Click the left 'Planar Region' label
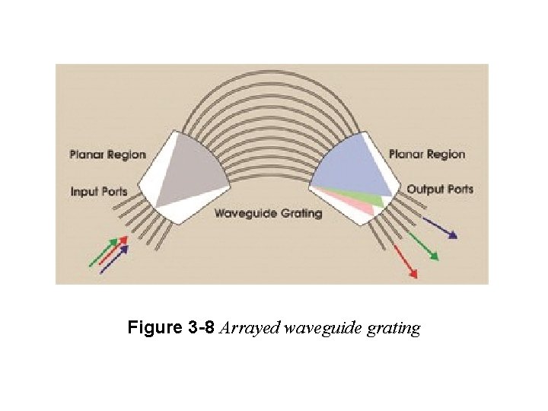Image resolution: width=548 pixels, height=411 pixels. coord(107,155)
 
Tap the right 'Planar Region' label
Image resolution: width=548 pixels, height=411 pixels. coord(426,155)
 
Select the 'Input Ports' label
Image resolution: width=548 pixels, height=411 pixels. coord(99,191)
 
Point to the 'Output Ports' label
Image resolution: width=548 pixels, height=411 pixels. coord(440,189)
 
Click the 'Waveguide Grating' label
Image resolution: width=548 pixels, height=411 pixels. coord(268,213)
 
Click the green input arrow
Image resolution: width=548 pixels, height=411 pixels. coord(104,252)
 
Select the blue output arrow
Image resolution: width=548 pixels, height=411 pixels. coord(441,228)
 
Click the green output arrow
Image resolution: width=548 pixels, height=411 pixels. coord(423,247)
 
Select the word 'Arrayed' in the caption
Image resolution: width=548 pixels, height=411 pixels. coord(249,329)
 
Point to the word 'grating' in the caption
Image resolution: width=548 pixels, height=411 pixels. coord(393,330)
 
